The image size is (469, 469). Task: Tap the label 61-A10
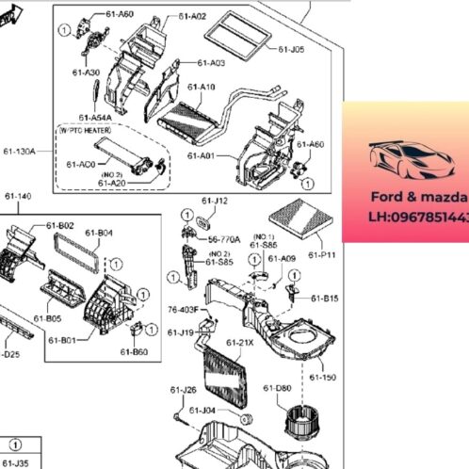coord(202,87)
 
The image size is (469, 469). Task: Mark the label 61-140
coord(17,196)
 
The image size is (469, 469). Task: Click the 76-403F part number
coord(183,308)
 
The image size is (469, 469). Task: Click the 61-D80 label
coord(277,388)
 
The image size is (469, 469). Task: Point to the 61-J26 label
coord(183,390)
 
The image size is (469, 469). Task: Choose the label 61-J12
coord(215,201)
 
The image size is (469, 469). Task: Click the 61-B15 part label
coord(325,299)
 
